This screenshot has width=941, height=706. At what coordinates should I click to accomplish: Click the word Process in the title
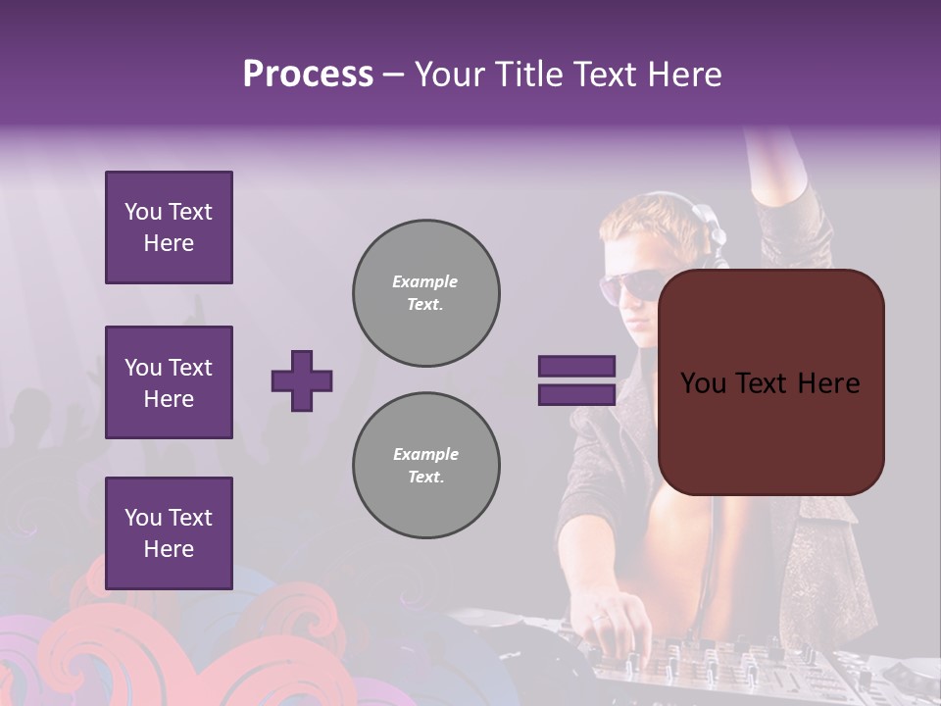[x=308, y=75]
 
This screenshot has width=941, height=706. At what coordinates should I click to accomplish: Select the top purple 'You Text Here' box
[x=169, y=227]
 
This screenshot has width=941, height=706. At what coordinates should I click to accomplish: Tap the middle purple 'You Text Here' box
[x=169, y=382]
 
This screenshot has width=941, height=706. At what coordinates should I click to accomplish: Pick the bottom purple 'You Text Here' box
[x=169, y=533]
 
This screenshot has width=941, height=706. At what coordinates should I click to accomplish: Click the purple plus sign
[x=302, y=380]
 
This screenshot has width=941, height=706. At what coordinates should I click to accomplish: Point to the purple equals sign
[x=576, y=380]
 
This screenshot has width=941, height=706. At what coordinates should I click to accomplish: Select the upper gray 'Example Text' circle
[x=425, y=293]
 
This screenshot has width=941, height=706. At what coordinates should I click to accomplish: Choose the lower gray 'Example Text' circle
[x=425, y=466]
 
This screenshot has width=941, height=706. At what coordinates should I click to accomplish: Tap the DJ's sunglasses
[x=627, y=285]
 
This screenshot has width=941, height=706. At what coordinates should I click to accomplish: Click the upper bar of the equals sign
[x=576, y=367]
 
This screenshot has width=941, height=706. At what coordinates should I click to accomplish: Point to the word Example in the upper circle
[x=425, y=281]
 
